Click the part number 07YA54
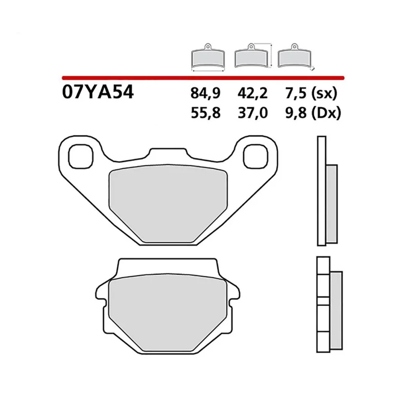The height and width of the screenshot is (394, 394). tap(98, 92)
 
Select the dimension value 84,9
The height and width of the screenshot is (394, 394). tap(205, 93)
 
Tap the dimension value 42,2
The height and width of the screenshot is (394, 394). tap(253, 93)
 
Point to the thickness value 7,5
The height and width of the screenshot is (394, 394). tap(296, 93)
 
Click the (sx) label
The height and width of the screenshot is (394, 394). tap(324, 94)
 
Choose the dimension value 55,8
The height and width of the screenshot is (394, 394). tap(205, 113)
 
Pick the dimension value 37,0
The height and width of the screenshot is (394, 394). tap(253, 113)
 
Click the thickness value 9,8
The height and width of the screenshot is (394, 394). tap(296, 113)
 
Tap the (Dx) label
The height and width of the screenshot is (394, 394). tap(326, 113)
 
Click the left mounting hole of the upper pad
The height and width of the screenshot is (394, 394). tap(81, 156)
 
